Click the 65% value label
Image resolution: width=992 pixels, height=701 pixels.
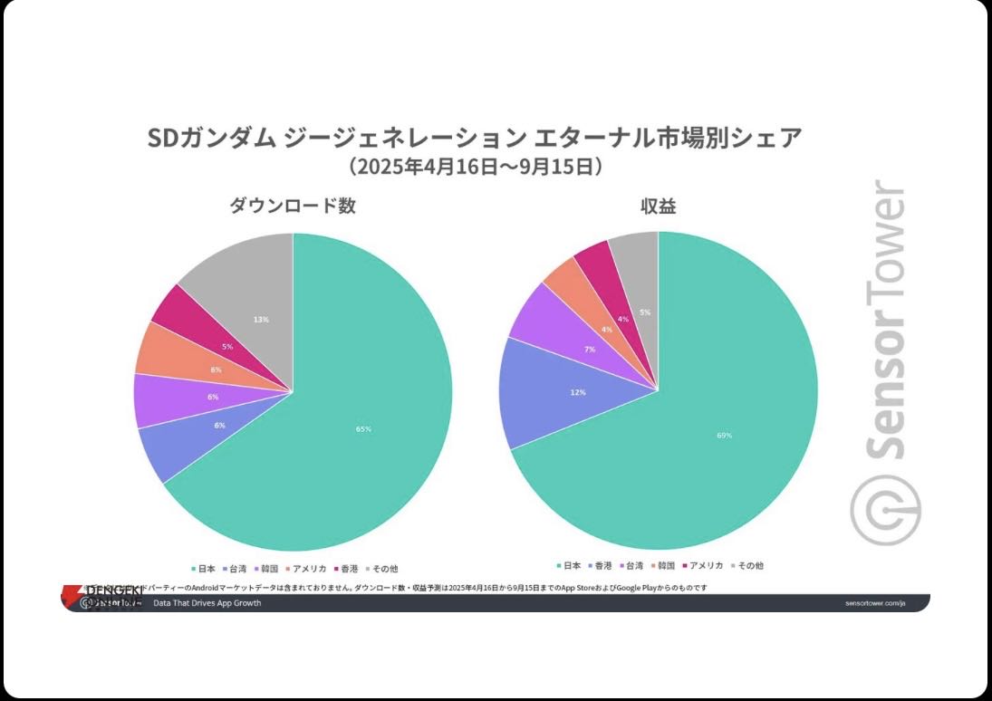[363, 429]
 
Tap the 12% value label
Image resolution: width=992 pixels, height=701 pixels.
[578, 392]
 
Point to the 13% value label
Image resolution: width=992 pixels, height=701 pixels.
[261, 320]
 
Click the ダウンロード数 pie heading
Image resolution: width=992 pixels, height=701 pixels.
[292, 206]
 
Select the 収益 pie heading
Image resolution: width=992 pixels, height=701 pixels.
[659, 206]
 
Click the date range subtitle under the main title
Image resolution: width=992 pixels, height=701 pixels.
[475, 167]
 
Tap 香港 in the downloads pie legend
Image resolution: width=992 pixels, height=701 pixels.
[347, 569]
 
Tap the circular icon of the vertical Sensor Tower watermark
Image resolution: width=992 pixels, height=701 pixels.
[884, 513]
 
